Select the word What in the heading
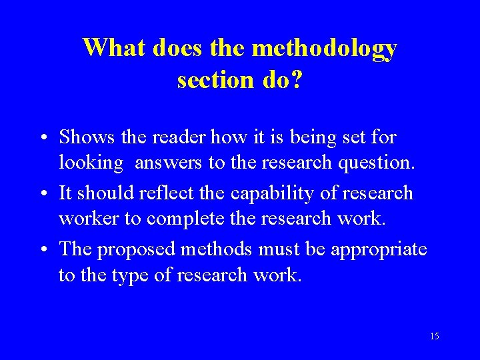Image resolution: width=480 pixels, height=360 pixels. pos(115,48)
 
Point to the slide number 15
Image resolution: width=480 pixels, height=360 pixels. pos(435,336)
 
